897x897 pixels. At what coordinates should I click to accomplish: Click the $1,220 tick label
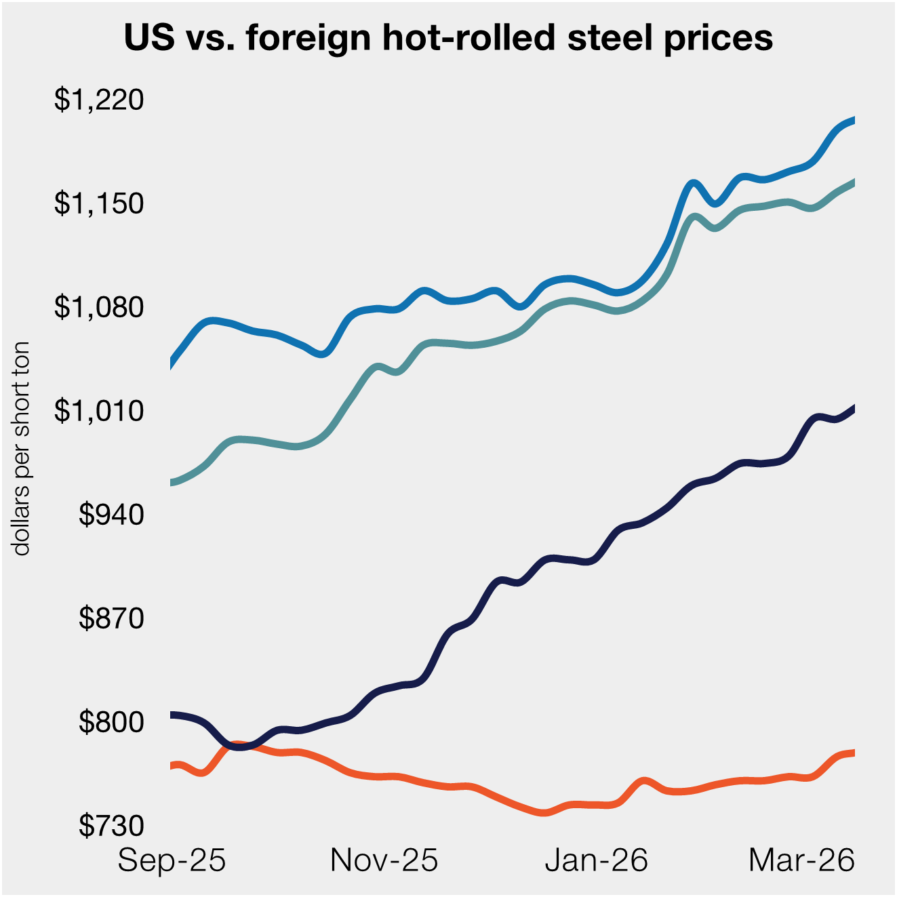100,100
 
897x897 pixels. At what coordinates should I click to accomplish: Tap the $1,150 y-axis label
100,203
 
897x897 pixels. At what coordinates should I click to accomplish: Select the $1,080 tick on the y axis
100,307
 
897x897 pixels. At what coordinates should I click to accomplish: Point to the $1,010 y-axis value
100,411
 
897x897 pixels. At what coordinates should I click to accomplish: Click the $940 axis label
112,515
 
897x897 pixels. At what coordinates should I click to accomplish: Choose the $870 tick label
112,618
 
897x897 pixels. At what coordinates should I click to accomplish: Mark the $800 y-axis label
112,722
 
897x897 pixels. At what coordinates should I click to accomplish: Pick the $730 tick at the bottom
112,826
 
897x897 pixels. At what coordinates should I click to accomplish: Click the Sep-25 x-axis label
172,861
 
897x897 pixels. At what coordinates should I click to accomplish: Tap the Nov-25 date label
384,861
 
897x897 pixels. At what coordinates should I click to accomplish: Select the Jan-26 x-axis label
597,861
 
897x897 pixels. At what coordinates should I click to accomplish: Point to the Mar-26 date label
801,861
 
